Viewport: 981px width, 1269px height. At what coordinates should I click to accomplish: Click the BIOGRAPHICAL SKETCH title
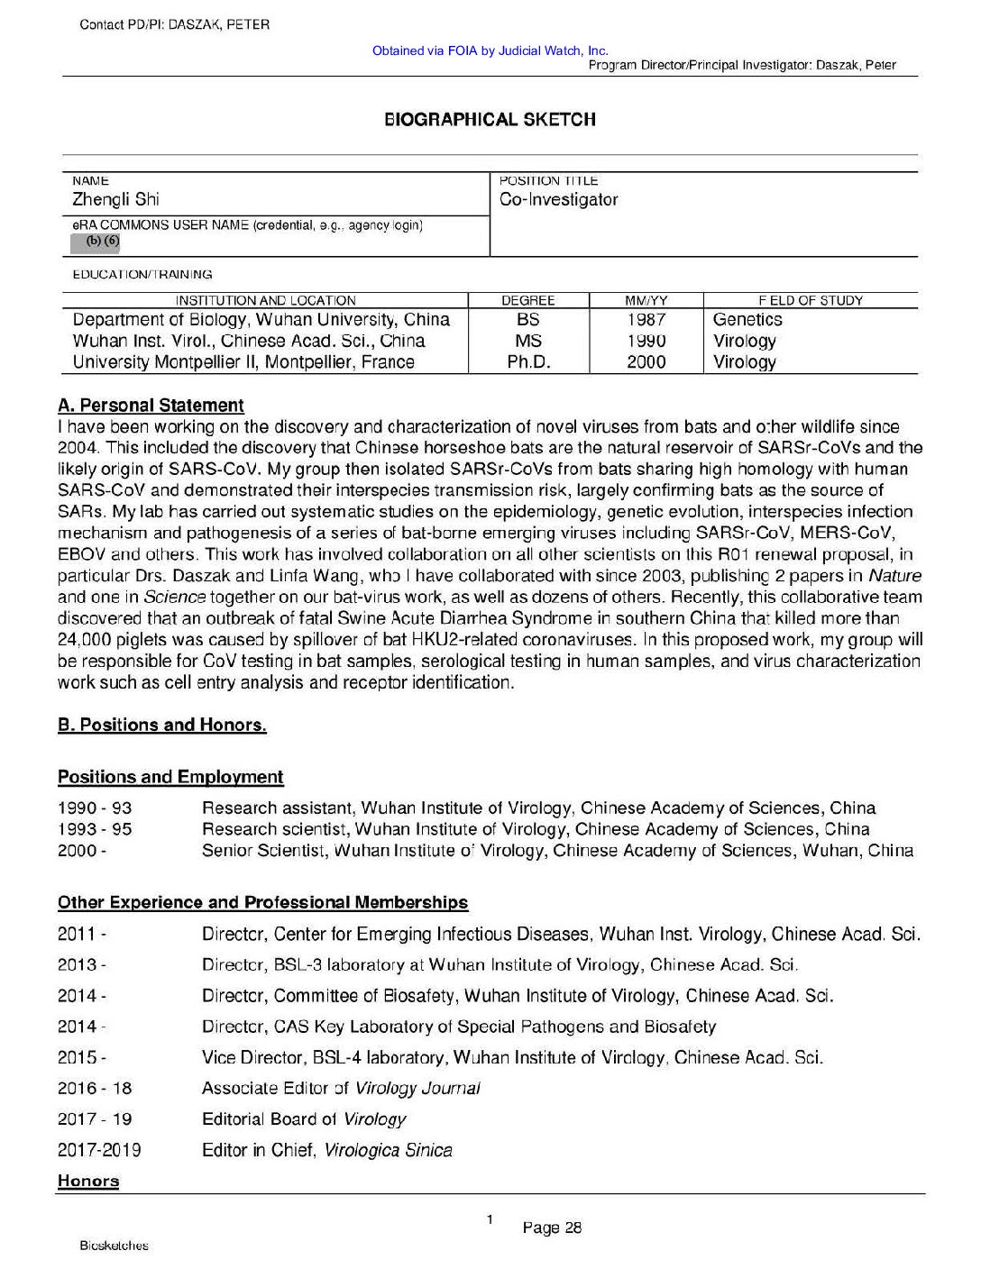(x=490, y=119)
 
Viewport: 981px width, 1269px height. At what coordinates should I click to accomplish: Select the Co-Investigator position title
(x=559, y=199)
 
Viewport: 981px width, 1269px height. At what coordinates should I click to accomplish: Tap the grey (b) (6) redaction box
(x=96, y=242)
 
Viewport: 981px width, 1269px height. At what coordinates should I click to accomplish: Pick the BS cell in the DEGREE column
(x=528, y=319)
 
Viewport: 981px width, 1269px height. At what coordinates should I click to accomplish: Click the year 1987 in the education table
(x=646, y=319)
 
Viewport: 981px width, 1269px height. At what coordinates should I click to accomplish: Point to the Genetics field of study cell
(x=747, y=319)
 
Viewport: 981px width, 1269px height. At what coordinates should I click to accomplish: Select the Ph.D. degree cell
(x=528, y=362)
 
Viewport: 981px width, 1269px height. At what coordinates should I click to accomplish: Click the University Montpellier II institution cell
(x=243, y=362)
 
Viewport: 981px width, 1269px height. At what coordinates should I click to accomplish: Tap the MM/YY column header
(x=646, y=300)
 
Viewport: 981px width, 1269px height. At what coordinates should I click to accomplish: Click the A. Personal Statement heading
(x=151, y=406)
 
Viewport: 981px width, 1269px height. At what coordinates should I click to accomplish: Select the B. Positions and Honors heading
(x=162, y=726)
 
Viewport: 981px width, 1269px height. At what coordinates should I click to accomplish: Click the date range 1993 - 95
(x=95, y=829)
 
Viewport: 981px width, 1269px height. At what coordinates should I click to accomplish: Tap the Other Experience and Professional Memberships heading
(x=262, y=902)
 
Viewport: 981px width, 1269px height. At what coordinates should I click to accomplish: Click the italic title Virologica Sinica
(x=388, y=1150)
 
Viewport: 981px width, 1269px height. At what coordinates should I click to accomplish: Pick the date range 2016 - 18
(x=95, y=1088)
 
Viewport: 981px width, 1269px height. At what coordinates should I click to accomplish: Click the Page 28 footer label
(x=552, y=1228)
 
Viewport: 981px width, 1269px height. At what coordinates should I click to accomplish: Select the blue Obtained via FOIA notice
(x=490, y=50)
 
